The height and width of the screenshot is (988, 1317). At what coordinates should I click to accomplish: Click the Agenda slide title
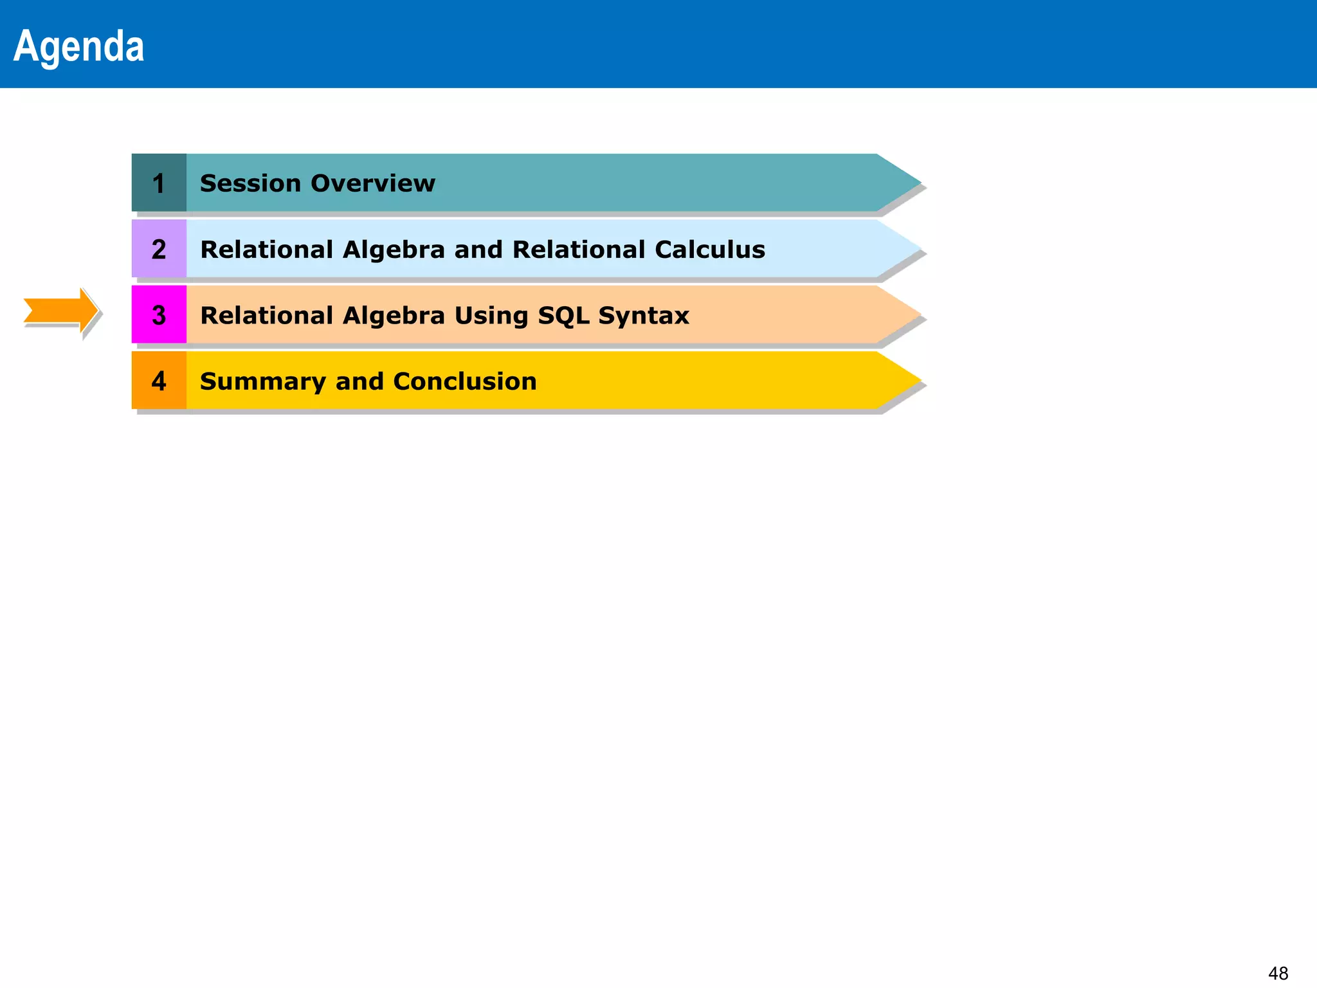(x=78, y=46)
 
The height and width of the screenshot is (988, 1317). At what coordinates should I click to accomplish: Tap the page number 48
(x=1278, y=973)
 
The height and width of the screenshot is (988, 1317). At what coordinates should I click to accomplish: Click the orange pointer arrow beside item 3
(x=60, y=311)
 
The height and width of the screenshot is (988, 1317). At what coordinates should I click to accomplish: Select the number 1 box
(x=159, y=183)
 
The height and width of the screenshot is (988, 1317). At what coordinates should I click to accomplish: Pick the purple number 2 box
(x=159, y=249)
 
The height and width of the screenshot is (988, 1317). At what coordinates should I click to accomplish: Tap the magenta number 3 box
(x=159, y=315)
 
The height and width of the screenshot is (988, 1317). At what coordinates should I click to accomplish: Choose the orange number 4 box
(x=159, y=381)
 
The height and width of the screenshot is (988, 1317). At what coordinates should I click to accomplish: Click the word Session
(x=250, y=183)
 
